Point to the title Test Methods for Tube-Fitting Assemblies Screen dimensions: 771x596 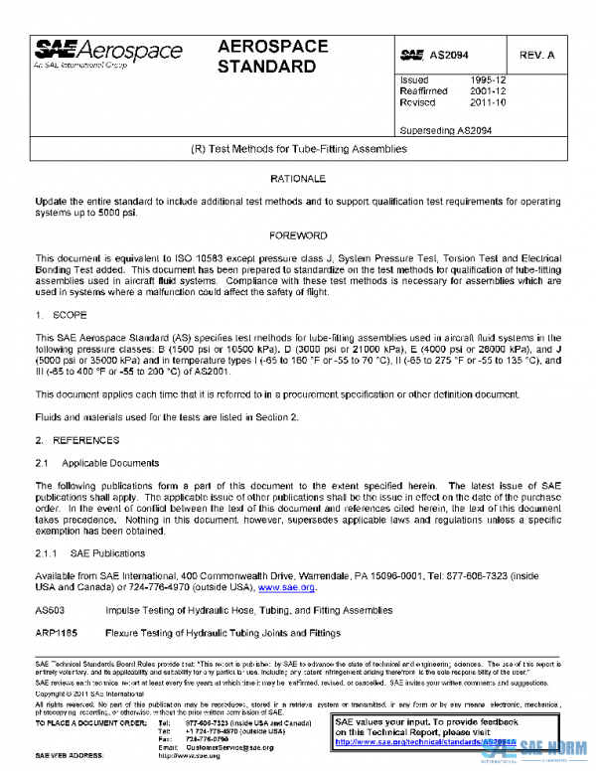(x=298, y=148)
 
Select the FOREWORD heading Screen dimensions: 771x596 (x=298, y=235)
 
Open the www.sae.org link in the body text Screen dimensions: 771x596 (x=286, y=587)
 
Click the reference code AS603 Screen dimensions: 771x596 (x=49, y=610)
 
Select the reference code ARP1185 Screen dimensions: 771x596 (x=54, y=633)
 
